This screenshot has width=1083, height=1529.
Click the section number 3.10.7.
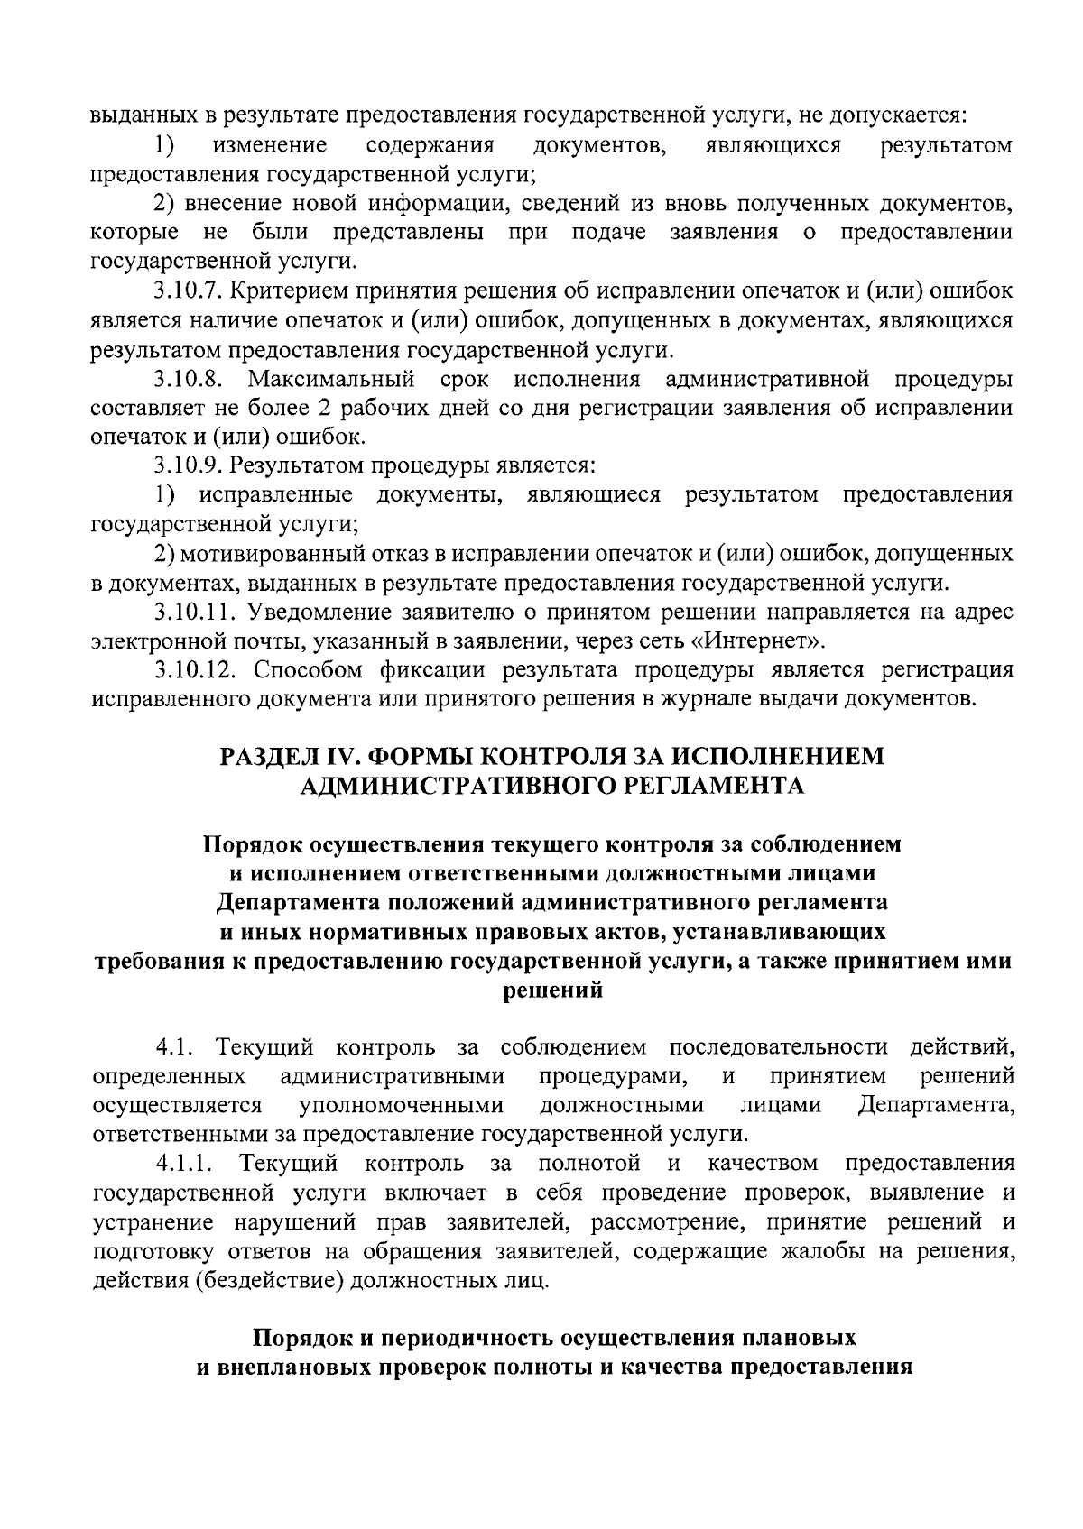tap(185, 290)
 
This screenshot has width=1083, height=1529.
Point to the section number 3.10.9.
tap(185, 465)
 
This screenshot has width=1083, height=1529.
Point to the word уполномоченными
tap(401, 1105)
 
